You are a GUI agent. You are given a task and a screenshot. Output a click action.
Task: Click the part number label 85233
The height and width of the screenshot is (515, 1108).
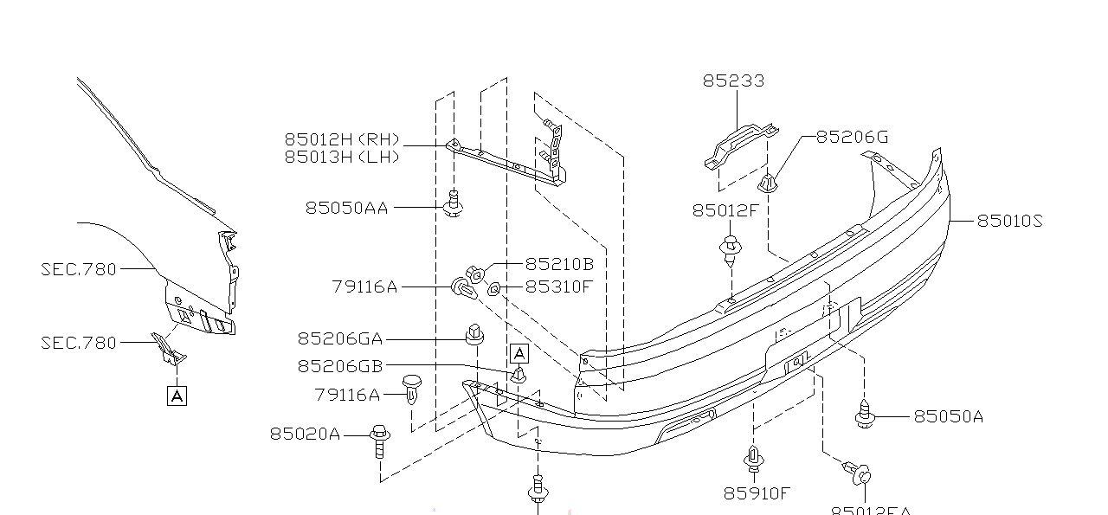(732, 80)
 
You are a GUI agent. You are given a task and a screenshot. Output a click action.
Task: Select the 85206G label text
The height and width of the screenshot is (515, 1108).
(852, 137)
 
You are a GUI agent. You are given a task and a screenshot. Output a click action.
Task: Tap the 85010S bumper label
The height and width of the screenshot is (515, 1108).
(1009, 221)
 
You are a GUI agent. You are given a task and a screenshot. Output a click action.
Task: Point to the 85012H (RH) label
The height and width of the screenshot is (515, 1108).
(342, 139)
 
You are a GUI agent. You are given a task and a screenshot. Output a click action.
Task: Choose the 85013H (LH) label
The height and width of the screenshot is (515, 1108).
(342, 157)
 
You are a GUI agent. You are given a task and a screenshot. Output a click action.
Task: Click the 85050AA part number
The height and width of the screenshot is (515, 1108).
(346, 208)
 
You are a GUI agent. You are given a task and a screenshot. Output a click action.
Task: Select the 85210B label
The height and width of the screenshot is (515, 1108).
(559, 264)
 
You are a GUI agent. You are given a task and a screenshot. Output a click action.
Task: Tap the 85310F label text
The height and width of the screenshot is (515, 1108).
(558, 286)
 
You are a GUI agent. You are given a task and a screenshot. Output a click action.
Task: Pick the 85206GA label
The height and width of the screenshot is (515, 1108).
(339, 339)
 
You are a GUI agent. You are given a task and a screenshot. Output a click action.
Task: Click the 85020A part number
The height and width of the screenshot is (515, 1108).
(305, 434)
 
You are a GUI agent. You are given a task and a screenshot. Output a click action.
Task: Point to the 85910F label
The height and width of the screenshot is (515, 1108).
(757, 493)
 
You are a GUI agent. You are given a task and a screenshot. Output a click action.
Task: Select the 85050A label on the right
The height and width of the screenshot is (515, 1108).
(949, 416)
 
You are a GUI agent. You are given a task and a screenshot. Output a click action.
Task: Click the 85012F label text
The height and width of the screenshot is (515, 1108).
(725, 209)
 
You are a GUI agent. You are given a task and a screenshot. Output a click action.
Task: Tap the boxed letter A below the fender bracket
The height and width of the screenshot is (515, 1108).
(177, 396)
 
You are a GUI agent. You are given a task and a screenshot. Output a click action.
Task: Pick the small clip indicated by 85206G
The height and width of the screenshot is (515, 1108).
(767, 183)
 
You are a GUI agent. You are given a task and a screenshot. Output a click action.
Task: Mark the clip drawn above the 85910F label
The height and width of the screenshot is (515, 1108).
(753, 460)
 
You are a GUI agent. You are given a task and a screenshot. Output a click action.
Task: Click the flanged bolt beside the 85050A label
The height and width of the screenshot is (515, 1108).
(864, 415)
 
